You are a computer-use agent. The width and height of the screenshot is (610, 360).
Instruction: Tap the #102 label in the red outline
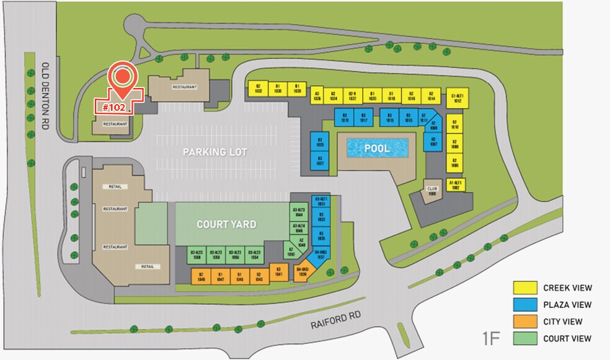pos(114,107)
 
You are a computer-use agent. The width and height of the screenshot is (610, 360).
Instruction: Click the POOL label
pos(377,149)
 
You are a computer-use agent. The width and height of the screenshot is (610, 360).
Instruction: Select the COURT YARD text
pos(226,224)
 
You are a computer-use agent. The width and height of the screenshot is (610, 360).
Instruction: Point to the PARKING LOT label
pos(215,152)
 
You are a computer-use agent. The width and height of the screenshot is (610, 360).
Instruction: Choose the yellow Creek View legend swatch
pos(524,288)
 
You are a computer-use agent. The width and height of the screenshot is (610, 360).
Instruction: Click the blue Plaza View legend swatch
pos(524,305)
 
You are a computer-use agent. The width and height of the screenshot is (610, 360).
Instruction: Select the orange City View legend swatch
pos(524,322)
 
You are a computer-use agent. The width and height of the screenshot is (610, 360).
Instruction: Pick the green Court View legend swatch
pos(524,338)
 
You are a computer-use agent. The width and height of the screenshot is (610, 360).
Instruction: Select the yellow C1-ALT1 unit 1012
pos(457,97)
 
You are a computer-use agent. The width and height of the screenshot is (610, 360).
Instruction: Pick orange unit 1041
pos(279,271)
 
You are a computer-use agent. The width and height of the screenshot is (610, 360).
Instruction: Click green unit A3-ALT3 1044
pos(299,212)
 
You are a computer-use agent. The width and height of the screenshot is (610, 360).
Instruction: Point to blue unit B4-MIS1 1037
pos(320,255)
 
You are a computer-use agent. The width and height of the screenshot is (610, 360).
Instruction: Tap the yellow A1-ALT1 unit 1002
pos(457,185)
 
